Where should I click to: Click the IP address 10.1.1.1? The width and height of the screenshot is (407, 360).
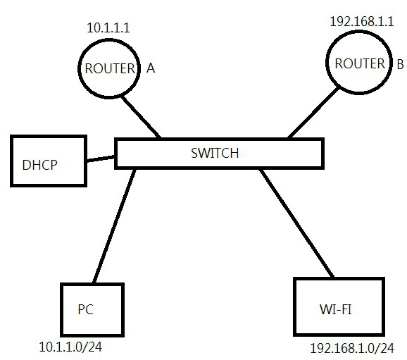click(108, 27)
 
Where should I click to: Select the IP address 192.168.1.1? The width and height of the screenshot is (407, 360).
click(361, 21)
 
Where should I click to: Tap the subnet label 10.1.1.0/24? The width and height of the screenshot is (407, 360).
click(70, 347)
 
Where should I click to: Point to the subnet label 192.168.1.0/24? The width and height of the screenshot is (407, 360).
click(352, 348)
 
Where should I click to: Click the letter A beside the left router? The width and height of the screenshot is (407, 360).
click(151, 68)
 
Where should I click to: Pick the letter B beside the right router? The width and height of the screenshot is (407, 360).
click(400, 64)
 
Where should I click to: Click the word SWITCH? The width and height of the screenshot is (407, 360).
click(215, 153)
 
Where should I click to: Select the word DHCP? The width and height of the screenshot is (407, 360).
click(39, 165)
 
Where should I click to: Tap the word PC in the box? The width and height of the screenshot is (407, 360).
click(85, 309)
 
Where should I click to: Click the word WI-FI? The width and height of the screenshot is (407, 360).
click(336, 309)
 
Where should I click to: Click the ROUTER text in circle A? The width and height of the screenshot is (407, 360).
click(110, 68)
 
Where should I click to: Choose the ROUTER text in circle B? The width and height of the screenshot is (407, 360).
click(360, 63)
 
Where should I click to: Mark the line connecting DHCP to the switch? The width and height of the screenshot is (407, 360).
click(101, 159)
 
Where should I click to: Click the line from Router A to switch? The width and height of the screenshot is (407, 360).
click(141, 117)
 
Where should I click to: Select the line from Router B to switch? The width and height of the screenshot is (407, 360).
click(313, 113)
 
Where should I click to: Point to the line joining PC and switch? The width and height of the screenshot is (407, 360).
click(114, 226)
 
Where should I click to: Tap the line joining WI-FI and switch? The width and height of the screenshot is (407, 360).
click(296, 223)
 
